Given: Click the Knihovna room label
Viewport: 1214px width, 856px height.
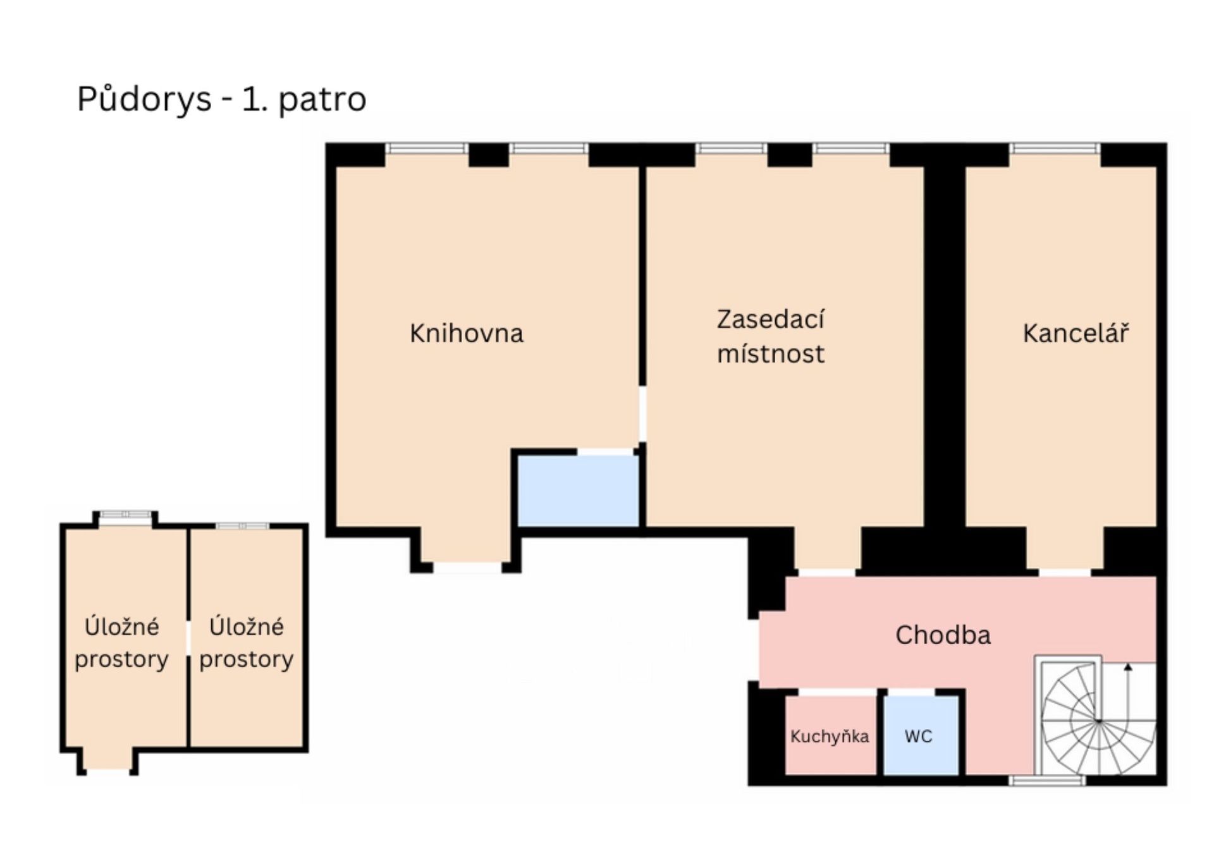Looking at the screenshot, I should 466,333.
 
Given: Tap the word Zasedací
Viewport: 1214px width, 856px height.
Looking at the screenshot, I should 770,319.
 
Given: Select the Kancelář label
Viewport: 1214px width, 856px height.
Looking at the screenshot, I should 1075,333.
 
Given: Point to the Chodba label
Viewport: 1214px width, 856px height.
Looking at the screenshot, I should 943,635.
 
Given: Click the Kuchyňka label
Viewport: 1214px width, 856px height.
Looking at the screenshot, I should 829,736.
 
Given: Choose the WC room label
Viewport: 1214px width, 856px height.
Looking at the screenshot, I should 918,736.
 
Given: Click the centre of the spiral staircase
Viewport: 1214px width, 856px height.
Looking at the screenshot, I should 1099,721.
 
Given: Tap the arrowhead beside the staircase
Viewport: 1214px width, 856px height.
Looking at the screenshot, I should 1128,666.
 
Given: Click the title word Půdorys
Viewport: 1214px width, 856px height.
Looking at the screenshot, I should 144,99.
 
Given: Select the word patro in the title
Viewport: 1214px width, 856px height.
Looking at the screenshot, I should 322,99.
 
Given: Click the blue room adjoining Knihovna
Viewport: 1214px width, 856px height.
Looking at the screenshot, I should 578,491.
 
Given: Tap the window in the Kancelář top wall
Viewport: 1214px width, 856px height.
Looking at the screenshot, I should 1054,149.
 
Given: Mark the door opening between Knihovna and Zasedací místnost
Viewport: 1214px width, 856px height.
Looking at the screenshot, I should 642,414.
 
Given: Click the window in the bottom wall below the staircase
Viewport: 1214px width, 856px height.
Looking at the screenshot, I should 1046,781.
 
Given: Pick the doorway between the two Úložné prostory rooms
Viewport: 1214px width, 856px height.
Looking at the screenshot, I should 188,639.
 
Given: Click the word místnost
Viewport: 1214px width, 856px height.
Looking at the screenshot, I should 770,353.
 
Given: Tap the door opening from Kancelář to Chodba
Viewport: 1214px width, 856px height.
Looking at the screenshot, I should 1065,573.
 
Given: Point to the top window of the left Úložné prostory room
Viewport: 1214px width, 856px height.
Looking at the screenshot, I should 126,515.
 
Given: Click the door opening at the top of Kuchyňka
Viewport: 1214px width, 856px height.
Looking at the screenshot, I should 837,693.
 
